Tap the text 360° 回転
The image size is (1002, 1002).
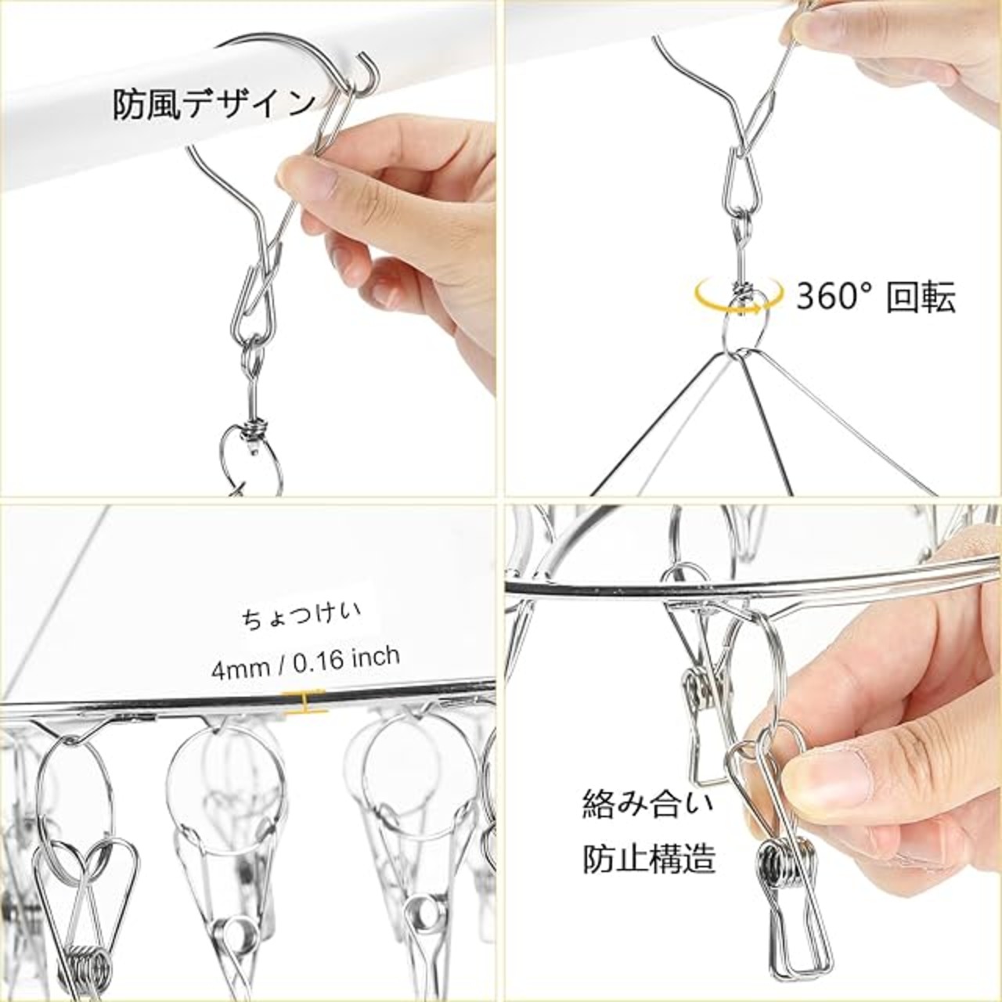876,298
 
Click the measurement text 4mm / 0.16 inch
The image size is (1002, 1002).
305,663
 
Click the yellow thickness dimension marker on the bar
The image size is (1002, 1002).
303,701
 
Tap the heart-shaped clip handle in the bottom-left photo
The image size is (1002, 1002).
86,865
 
